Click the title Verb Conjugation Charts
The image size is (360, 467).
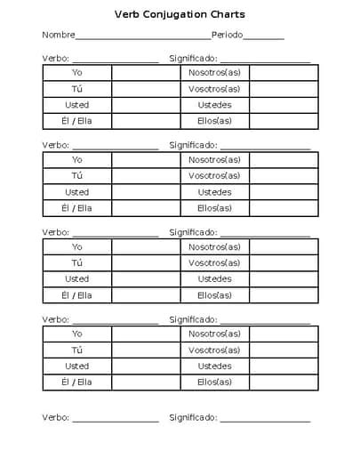[x=180, y=15]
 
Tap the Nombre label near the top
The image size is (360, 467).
[x=58, y=36]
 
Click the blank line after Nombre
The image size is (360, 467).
[x=142, y=38]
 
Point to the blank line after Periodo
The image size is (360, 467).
[x=263, y=38]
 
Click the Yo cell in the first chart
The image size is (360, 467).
[x=77, y=72]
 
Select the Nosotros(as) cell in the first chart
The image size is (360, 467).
[x=214, y=72]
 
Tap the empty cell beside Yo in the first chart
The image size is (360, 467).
[x=146, y=72]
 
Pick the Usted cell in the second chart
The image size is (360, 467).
[x=77, y=192]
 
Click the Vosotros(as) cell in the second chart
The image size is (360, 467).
[x=214, y=176]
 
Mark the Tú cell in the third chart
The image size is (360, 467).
[x=77, y=263]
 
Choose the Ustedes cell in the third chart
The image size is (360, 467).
[x=214, y=279]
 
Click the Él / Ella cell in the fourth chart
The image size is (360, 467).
[x=77, y=382]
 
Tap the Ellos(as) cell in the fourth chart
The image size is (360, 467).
[x=214, y=382]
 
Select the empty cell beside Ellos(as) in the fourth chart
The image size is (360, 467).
[x=283, y=382]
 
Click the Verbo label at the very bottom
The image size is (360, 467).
[x=55, y=417]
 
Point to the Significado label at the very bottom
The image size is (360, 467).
[x=193, y=417]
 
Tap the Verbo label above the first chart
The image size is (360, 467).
[x=55, y=58]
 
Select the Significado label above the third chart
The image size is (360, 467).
[x=193, y=232]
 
